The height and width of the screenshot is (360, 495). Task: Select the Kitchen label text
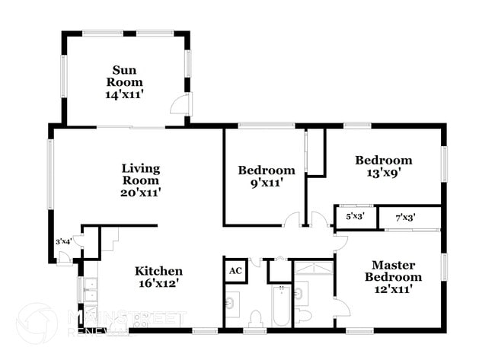tap(158, 271)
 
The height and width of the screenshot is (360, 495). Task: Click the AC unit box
tap(235, 271)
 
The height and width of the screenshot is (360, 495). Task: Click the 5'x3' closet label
tap(355, 217)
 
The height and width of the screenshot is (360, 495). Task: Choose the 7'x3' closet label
tap(405, 218)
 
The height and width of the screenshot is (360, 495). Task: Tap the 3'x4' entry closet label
tap(65, 241)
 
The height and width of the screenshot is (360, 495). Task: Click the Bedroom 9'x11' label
tap(266, 170)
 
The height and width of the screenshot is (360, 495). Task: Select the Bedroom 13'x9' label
tap(384, 160)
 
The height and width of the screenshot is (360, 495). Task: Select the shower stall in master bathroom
tap(314, 269)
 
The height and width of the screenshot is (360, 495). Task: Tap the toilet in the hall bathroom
tap(257, 317)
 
